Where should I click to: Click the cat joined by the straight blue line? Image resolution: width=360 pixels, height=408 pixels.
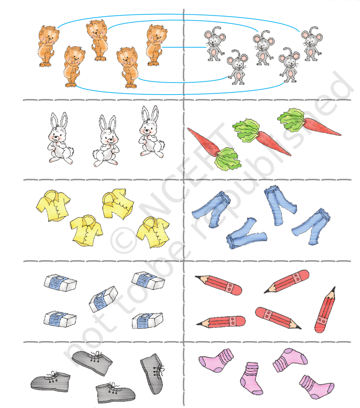click(156, 45)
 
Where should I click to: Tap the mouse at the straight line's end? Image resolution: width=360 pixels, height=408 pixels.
click(214, 44)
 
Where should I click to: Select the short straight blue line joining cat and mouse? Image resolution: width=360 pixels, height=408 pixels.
click(184, 47)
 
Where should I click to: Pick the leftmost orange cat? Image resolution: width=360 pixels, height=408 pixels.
click(48, 46)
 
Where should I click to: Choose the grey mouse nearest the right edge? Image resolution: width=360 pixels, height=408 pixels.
click(311, 44)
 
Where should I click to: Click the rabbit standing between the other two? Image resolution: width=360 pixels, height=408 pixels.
click(106, 141)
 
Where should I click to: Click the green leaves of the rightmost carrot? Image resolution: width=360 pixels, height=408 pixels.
click(291, 120)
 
